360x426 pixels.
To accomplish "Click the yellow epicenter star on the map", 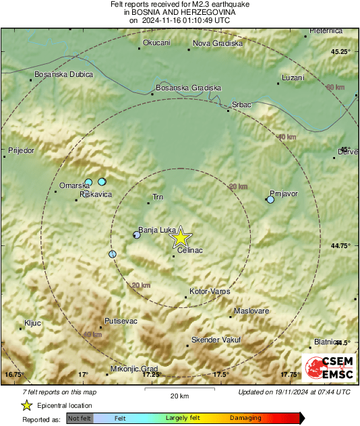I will pyautogui.click(x=180, y=237).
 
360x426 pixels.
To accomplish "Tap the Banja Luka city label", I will pyautogui.click(x=157, y=229).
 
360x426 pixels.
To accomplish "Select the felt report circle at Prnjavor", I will pyautogui.click(x=270, y=200).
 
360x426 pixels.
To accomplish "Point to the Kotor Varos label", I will pyautogui.click(x=210, y=291).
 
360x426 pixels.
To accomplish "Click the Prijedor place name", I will pyautogui.click(x=21, y=151).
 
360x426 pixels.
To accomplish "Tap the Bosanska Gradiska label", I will pyautogui.click(x=188, y=88).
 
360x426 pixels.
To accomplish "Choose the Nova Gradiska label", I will pyautogui.click(x=217, y=44).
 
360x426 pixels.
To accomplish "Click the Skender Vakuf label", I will pyautogui.click(x=216, y=340).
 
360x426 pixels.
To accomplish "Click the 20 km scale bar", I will pyautogui.click(x=180, y=390).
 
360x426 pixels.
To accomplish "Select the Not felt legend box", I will pyautogui.click(x=79, y=418).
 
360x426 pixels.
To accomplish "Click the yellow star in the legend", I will pyautogui.click(x=26, y=405).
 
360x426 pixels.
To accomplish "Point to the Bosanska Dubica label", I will pyautogui.click(x=63, y=73).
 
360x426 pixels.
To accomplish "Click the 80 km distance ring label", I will pyautogui.click(x=334, y=88).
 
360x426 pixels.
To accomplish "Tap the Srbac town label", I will pyautogui.click(x=241, y=104).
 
